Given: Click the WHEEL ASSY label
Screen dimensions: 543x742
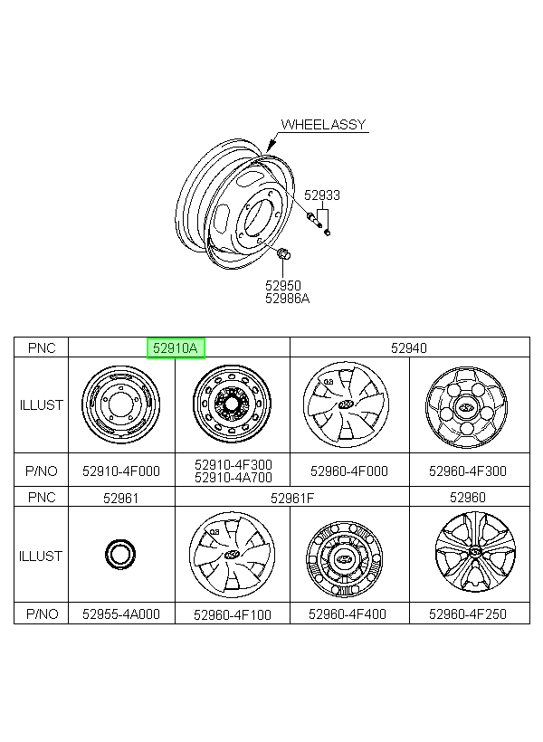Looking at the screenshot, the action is coord(323,125).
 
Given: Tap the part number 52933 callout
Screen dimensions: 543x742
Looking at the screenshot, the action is coord(322,195).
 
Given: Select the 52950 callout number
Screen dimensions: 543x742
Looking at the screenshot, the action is coord(283,285).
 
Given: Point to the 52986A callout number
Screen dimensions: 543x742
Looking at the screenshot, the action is coord(288,299).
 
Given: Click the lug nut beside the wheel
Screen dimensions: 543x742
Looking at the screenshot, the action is coord(283,253).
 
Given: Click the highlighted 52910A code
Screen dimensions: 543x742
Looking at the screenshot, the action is coord(176,348).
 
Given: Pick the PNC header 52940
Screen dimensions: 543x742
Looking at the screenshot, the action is coord(409,348).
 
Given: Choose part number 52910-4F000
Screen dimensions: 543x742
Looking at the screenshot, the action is coord(121,471).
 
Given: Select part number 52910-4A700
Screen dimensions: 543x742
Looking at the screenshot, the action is coord(233,478).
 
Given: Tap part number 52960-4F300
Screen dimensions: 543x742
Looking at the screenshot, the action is coord(468,471).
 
